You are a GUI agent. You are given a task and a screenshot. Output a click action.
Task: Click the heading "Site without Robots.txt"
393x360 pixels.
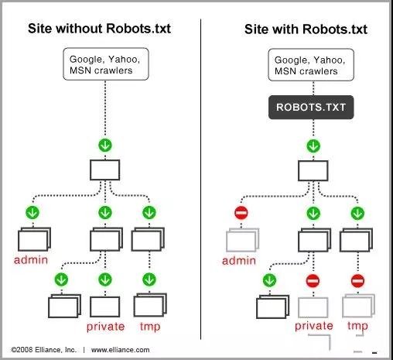pos(99,29)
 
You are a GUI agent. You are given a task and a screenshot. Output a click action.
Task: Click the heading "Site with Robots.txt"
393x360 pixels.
pos(306,29)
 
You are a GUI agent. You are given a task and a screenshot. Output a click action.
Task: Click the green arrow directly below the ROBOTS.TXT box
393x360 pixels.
pos(313,145)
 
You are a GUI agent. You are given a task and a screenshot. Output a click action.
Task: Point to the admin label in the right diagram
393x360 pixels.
pos(238,260)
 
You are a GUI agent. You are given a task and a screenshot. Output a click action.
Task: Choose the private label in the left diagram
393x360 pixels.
pos(105,327)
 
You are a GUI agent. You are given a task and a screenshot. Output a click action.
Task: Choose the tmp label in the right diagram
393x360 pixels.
pos(357,327)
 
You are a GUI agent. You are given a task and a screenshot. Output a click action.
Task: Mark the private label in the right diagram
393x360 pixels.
pos(313,327)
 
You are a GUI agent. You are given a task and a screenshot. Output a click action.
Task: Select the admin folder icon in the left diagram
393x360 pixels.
pos(33,238)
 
